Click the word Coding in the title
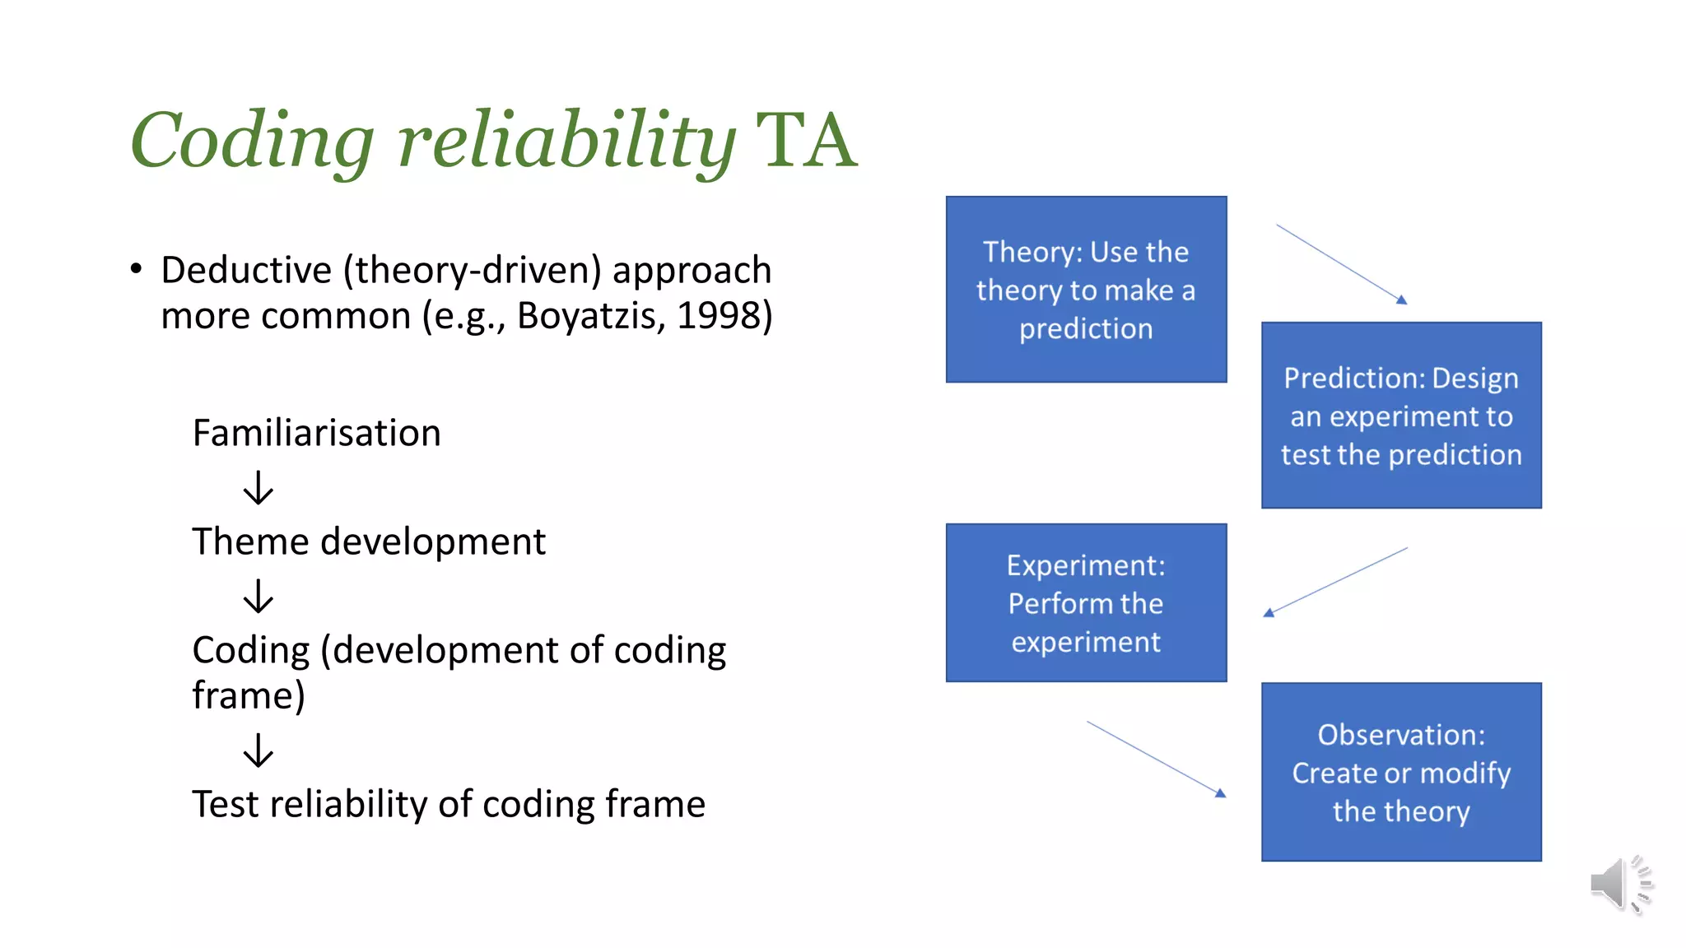252,142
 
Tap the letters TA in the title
806,142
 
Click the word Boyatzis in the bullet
591,316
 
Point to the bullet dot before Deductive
137,268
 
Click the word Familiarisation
316,433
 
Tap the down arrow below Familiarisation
258,487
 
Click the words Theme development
368,541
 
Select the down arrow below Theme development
258,596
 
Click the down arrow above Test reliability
258,750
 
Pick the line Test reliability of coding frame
448,804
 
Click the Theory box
1086,289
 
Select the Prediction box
1401,415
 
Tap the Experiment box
1086,602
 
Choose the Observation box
1401,772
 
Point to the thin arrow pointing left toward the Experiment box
1335,582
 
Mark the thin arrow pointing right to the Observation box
1157,760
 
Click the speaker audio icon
1619,884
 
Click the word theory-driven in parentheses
473,270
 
